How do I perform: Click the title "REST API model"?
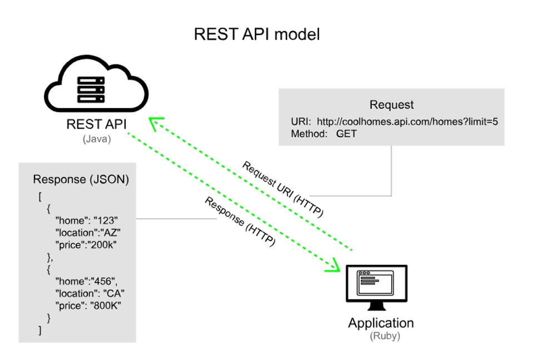(x=257, y=34)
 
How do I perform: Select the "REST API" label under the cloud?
(x=96, y=125)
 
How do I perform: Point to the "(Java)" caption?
(x=96, y=139)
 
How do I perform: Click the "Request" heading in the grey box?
(x=392, y=105)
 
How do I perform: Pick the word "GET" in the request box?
(x=346, y=134)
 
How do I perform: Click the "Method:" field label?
(x=309, y=134)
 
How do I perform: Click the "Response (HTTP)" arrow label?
(x=240, y=221)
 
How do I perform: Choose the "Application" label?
(x=381, y=323)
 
